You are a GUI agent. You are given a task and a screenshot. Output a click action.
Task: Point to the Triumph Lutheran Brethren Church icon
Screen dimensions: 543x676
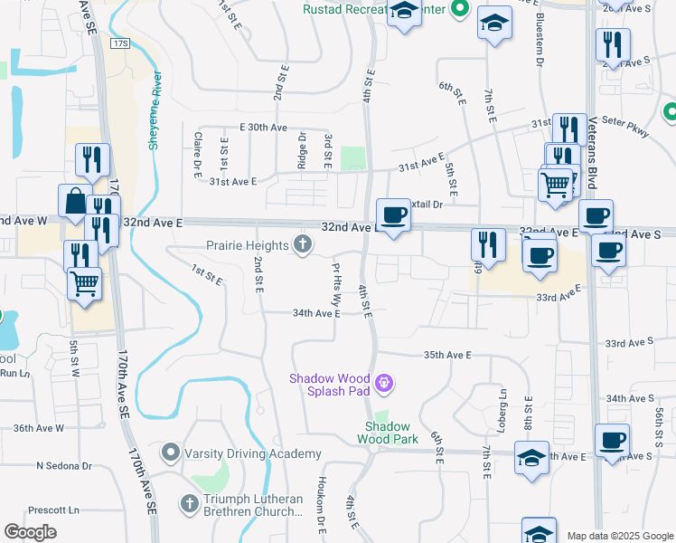point(190,502)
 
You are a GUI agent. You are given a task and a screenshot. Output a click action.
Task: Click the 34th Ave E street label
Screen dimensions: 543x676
point(315,313)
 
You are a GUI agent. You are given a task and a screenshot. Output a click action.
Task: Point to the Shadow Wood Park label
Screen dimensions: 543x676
point(387,433)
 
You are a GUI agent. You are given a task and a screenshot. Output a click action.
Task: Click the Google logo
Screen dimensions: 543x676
point(31,531)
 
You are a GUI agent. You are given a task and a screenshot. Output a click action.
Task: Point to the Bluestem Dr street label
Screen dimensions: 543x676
point(540,52)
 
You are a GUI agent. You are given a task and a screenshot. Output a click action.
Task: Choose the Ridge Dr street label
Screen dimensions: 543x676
point(303,148)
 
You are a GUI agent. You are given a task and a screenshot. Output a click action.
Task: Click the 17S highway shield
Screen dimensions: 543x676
point(123,43)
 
